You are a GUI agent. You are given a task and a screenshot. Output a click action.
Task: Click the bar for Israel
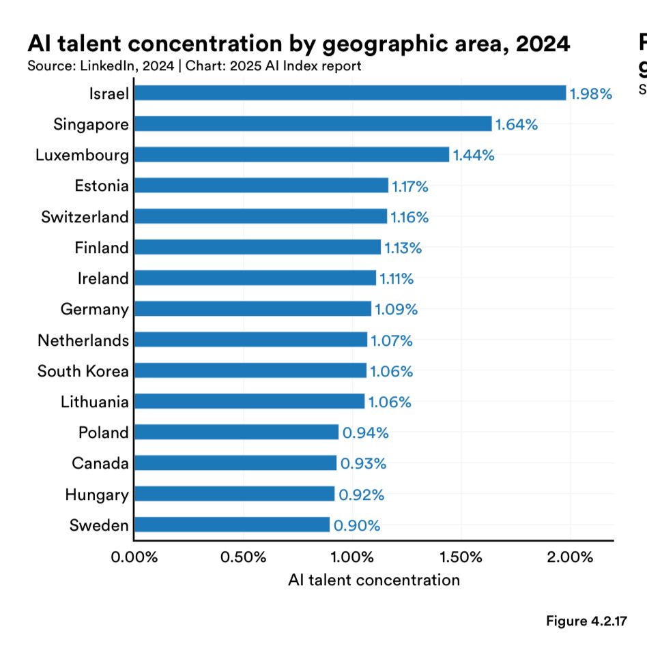coord(350,93)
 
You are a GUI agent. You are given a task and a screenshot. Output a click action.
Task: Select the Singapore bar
coord(313,123)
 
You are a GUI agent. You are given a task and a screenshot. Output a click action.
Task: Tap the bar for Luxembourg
coord(291,154)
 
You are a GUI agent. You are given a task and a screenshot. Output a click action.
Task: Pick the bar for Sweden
coord(232,525)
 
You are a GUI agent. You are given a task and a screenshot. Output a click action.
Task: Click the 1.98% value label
coord(590,94)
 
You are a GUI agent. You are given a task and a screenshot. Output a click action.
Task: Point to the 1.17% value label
coord(409,186)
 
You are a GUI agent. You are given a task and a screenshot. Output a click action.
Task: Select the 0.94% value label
coord(364,432)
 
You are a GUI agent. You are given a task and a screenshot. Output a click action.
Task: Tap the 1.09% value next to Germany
coord(396,310)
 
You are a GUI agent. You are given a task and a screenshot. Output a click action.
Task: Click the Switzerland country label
coord(85,217)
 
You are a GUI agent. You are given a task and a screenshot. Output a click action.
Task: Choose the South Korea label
coord(83,371)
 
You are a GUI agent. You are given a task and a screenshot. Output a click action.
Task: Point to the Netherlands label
coord(83,340)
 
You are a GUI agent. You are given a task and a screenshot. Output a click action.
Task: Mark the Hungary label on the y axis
coord(96,495)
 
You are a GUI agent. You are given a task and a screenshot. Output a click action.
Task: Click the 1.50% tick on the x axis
coord(461,557)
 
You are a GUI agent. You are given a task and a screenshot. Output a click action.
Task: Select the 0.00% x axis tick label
coord(134,557)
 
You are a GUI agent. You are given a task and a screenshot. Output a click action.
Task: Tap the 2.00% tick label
coord(571,557)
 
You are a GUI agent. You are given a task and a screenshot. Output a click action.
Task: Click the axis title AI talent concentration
coord(374,580)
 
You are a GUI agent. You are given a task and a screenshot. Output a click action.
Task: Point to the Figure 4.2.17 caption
coord(586,621)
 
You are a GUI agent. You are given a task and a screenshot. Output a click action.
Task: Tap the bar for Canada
coord(235,463)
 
